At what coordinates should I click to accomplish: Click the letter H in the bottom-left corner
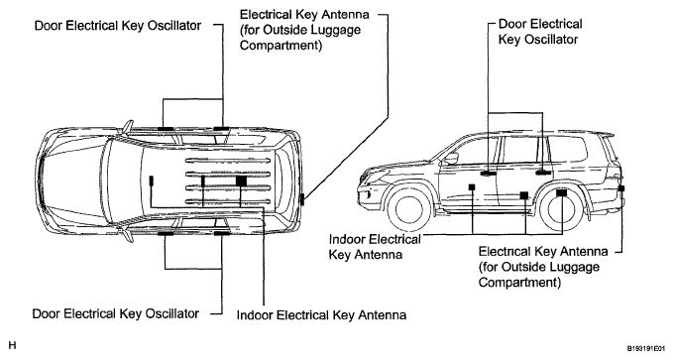click(12, 345)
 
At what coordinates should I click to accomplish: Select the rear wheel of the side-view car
click(562, 209)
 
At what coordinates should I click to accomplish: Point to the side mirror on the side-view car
click(451, 159)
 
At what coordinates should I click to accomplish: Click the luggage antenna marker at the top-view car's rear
click(302, 199)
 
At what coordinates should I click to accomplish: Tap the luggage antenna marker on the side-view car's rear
click(621, 188)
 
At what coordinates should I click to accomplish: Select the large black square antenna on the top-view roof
click(241, 181)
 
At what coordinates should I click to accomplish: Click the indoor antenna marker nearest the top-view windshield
click(151, 180)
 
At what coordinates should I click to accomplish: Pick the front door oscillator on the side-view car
click(488, 174)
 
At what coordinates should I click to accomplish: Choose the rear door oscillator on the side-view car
click(543, 173)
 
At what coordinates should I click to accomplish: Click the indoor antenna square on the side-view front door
click(472, 187)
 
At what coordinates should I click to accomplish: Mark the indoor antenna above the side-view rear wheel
click(561, 193)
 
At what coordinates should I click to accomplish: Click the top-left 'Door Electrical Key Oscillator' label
click(117, 26)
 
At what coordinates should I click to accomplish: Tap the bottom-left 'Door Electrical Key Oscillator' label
click(116, 313)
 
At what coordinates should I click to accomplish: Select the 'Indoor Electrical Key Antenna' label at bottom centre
click(321, 315)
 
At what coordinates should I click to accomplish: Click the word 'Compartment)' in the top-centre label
click(281, 46)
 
